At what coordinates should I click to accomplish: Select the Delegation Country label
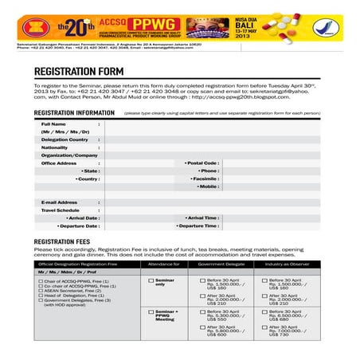(65, 139)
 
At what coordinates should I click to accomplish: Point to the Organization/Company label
(68, 155)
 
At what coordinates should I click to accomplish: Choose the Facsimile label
(205, 178)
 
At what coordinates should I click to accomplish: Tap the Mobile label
(209, 186)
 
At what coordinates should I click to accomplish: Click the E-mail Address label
(59, 202)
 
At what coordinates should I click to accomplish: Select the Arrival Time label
(202, 217)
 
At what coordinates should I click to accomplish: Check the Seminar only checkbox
(151, 281)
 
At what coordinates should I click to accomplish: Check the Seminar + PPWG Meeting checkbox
(151, 311)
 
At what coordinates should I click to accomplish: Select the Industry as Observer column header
(288, 263)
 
